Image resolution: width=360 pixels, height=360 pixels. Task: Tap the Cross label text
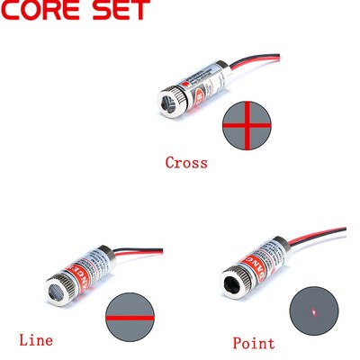[186, 163]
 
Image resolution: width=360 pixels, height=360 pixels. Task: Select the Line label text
[36, 340]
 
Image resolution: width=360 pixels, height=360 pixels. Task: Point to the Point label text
[254, 343]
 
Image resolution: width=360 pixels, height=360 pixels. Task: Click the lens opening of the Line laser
[57, 291]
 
